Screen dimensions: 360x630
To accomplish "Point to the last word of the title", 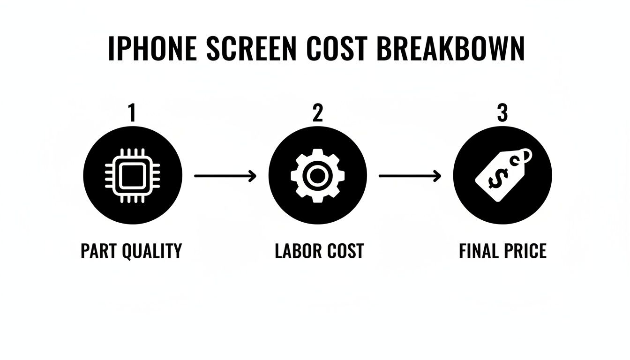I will [450, 48].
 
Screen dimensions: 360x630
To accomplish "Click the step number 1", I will [132, 113].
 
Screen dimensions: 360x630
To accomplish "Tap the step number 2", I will [317, 113].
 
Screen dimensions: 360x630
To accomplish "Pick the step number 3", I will [502, 113].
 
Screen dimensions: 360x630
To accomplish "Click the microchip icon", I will [132, 176].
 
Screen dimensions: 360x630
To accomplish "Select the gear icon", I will [317, 176].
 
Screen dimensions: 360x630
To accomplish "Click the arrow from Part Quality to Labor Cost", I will [225, 176].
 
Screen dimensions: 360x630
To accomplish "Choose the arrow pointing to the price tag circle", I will [410, 176].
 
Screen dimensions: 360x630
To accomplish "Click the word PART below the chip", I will [98, 251].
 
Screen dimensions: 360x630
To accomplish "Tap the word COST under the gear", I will [346, 251].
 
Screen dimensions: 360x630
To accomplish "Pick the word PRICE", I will [525, 251].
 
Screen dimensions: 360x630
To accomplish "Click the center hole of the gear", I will [317, 176].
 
